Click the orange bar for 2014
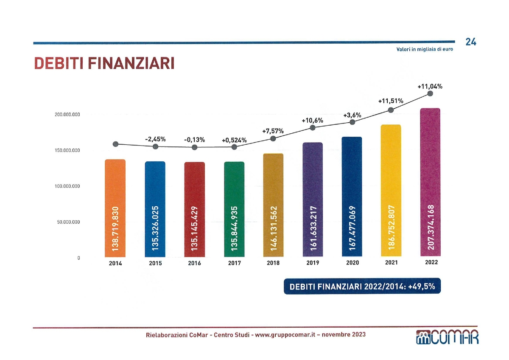click(x=115, y=208)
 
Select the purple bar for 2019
click(x=313, y=200)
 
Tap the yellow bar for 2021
click(x=391, y=191)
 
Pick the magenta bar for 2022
click(x=430, y=183)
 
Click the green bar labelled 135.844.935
click(x=234, y=209)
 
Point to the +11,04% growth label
click(x=430, y=86)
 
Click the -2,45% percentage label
click(x=155, y=139)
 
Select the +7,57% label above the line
click(x=272, y=131)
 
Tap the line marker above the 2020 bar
click(x=352, y=122)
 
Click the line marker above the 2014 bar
click(x=115, y=144)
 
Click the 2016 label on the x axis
click(x=195, y=263)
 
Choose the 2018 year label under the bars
click(x=273, y=263)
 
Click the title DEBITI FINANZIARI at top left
click(x=104, y=64)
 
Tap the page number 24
click(x=470, y=42)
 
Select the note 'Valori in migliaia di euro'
click(x=425, y=49)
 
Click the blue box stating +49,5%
click(x=362, y=287)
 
